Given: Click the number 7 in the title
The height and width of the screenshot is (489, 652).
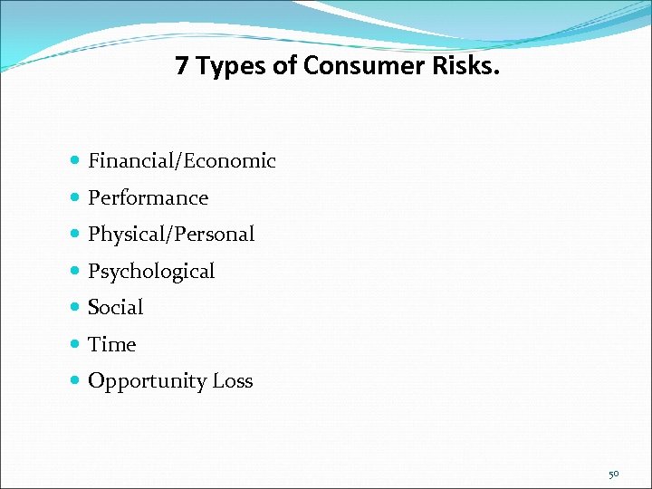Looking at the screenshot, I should click(x=183, y=66).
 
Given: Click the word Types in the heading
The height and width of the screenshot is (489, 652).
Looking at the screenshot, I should click(x=235, y=66).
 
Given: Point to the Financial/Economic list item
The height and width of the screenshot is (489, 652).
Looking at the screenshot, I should click(x=181, y=161).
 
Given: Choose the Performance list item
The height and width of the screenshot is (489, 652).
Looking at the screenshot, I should click(x=148, y=198).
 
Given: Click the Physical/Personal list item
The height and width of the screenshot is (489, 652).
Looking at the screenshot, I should click(x=171, y=235).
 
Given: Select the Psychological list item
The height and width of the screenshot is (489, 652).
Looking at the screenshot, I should click(x=151, y=272).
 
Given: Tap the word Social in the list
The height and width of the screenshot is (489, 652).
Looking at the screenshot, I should click(x=115, y=308).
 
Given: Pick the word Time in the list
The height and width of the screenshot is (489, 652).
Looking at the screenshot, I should click(x=111, y=345).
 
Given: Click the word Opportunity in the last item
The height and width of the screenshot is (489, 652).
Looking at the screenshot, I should click(x=147, y=381).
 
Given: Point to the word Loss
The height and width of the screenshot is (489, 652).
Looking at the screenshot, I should click(x=233, y=381).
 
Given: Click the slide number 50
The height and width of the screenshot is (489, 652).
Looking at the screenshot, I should click(x=613, y=474).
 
